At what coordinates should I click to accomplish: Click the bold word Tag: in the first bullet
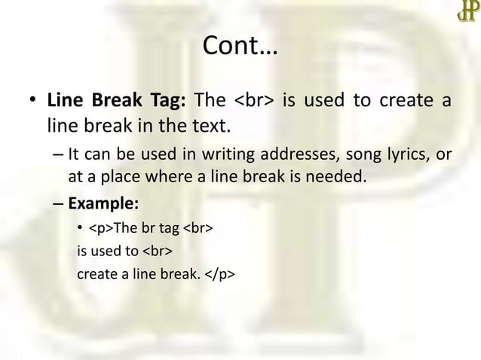coord(164,100)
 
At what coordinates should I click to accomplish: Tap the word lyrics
coord(409,155)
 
